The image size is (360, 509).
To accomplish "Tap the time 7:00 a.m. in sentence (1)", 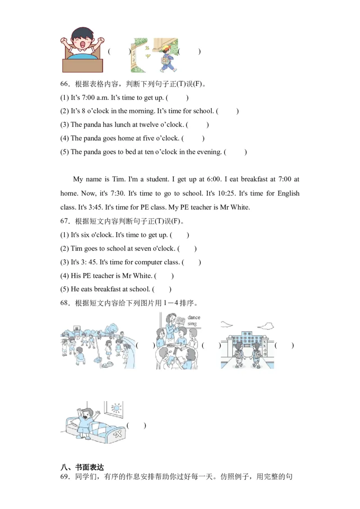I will coord(94,98).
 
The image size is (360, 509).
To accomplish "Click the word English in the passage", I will coord(288,193).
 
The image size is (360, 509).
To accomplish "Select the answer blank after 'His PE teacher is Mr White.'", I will coord(164,276).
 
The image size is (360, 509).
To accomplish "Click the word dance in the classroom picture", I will coord(194,317).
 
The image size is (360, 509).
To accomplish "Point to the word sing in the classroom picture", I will coord(192,324).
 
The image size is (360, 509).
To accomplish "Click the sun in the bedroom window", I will coord(117,408).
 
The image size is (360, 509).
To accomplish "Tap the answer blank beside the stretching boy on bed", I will coord(136,425).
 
